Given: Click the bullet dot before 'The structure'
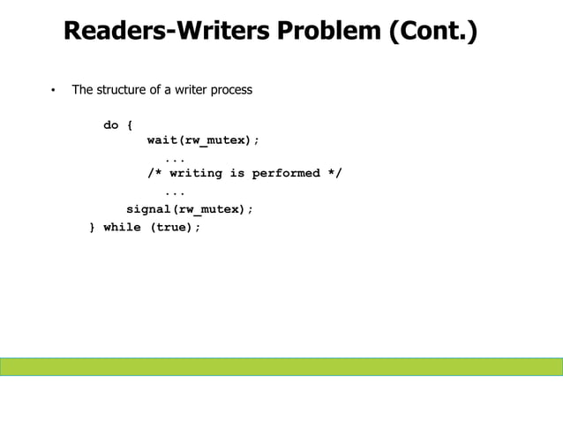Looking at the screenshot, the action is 52,91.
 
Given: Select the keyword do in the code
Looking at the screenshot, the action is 111,125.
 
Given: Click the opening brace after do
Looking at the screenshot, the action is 130,125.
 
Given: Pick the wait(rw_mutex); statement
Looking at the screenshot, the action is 203,140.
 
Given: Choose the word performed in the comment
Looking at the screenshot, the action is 286,173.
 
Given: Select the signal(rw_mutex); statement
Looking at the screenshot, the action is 190,209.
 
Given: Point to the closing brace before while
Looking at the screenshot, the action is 93,227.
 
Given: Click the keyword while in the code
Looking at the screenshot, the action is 122,227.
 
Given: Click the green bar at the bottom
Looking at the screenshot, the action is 281,366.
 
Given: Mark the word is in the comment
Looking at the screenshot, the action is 237,173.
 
